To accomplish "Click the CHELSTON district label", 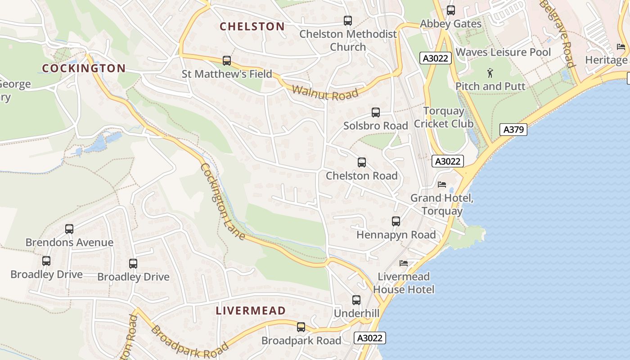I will pos(252,27).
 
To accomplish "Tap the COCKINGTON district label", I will pos(84,68).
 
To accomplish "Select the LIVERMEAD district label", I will pos(251,310).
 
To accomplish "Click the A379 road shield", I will pos(513,130).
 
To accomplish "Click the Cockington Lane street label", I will pos(222,201).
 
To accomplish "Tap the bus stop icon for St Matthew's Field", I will pos(227,60).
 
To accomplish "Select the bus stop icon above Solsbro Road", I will pos(376,112).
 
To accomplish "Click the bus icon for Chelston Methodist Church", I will pos(348,20).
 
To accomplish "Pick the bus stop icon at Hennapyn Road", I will pos(396,221).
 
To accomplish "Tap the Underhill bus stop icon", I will pos(356,300).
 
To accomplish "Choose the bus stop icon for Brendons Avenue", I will pos(69,229).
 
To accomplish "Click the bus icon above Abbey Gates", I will pos(451,10).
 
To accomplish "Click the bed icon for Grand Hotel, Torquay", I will pos(442,184).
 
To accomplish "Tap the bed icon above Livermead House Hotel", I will pos(404,263).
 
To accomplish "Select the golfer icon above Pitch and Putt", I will pos(490,72).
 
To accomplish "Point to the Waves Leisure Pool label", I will pos(503,52).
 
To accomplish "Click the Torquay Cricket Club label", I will pos(444,117).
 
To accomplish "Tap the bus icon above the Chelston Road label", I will pos(362,162).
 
